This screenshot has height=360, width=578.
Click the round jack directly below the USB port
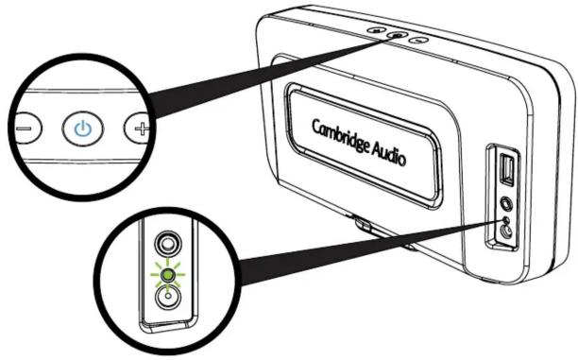click(508, 200)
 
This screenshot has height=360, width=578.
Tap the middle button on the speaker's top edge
click(398, 35)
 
